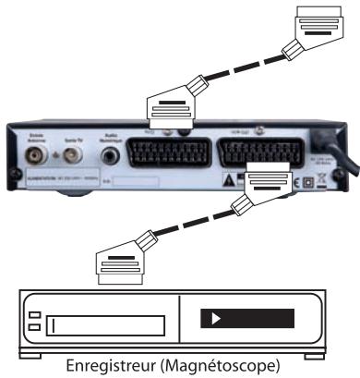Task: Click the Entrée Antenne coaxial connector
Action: (36, 153)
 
